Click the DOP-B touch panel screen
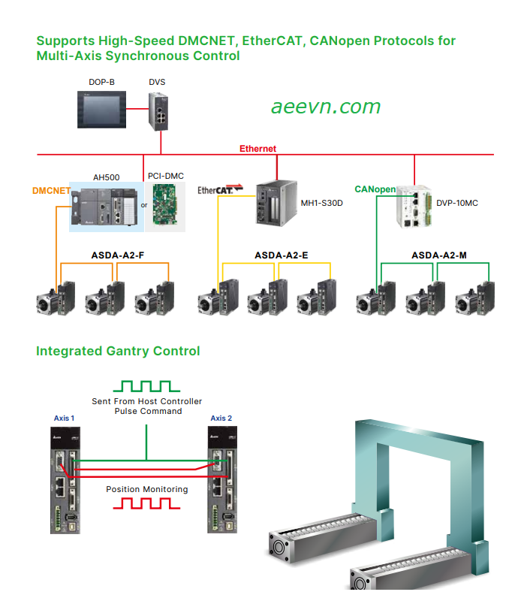101,110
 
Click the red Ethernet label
258,149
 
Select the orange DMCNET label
51,191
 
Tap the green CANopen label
375,189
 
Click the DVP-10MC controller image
414,207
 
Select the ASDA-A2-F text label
118,255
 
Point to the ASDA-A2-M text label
439,255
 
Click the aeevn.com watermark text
326,107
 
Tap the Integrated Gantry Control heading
118,351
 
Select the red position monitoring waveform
146,503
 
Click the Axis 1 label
65,418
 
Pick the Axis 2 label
221,418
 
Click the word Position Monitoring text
146,489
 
